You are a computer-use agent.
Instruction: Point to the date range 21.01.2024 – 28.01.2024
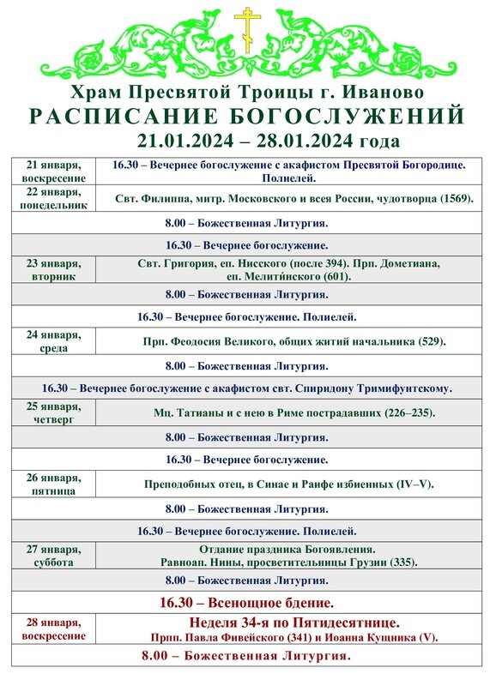point(268,141)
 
